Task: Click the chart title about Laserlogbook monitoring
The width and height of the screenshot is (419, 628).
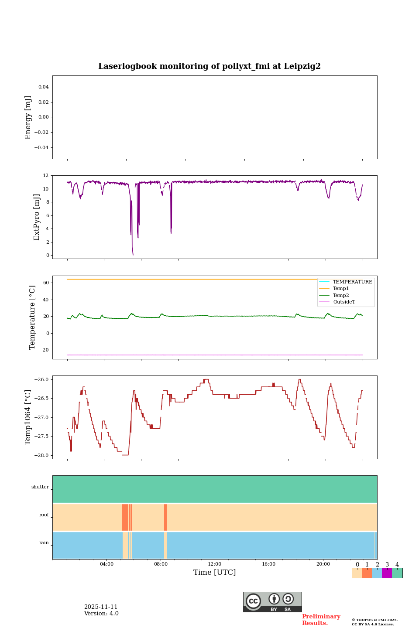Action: tap(209, 66)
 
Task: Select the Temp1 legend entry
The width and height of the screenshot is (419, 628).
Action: tap(341, 289)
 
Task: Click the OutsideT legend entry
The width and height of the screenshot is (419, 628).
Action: tap(344, 302)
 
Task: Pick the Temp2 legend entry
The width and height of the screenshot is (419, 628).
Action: tap(341, 295)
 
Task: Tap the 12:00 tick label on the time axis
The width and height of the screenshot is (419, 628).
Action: tap(215, 564)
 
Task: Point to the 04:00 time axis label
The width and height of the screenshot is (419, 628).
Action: tap(106, 564)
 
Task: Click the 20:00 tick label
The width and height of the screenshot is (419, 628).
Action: tap(323, 564)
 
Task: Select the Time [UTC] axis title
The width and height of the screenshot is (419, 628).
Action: tap(215, 573)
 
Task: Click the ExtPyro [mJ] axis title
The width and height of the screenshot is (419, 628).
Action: tap(37, 217)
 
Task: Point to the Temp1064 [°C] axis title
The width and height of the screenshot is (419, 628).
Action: tap(28, 417)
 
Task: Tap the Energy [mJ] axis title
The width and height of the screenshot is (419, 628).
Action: tap(28, 117)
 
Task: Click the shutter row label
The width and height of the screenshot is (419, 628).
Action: tap(40, 487)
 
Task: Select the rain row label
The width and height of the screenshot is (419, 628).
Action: tap(44, 543)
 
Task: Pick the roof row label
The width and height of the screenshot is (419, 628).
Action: tap(44, 515)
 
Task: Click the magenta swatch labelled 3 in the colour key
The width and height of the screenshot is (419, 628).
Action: tap(387, 573)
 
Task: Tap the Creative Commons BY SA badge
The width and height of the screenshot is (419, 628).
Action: tap(272, 602)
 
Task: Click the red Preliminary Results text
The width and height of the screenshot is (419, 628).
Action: tap(321, 620)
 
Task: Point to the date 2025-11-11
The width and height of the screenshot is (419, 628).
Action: tap(101, 607)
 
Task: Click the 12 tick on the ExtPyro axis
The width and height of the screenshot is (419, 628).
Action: tap(46, 176)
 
